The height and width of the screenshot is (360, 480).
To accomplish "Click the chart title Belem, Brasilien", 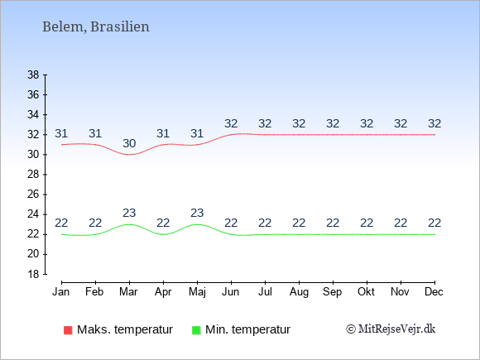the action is pos(96,26).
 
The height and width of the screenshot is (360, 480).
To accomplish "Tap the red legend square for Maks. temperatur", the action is pos(68,330).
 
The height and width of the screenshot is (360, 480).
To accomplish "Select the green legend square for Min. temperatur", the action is pos(196,330).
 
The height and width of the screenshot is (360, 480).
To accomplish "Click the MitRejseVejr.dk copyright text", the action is pos(391,329).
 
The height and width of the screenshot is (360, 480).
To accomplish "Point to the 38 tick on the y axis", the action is pos(33,74).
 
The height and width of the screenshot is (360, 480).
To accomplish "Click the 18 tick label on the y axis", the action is pos(33,274).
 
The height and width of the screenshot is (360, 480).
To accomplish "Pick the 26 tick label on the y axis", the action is pos(33,194).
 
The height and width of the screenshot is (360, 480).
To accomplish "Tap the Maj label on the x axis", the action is pos(197,292).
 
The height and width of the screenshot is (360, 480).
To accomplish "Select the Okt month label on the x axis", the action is pos(366,292).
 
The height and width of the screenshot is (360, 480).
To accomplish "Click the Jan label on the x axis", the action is pos(61,292).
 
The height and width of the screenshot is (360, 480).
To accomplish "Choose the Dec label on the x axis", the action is pos(434,292).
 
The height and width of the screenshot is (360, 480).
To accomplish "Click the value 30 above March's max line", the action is pos(129,143).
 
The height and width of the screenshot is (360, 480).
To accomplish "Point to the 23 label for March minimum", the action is pos(129,213).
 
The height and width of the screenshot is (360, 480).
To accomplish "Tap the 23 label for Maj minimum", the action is pos(197,213).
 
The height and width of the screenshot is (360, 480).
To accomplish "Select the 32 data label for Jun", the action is pos(231,123).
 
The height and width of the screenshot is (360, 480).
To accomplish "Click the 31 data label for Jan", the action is pos(61,133).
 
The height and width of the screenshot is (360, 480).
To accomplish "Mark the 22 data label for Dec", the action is pos(434,223).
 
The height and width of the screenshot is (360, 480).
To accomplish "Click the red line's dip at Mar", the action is pos(129,155).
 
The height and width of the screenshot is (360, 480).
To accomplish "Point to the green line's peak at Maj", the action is pos(197,224).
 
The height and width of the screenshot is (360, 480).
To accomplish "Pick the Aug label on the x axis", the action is pos(299,292).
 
